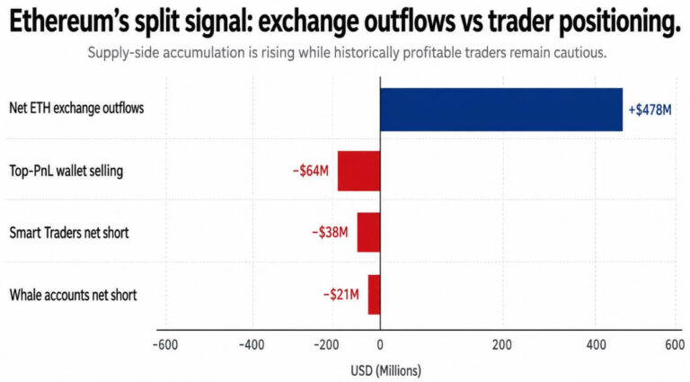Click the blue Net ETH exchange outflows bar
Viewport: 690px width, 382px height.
click(x=501, y=110)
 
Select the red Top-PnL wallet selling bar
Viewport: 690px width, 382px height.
click(x=358, y=171)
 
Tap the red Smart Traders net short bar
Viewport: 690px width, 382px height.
click(x=368, y=233)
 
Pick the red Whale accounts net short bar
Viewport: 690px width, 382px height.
click(x=374, y=295)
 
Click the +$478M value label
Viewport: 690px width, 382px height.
click(x=650, y=110)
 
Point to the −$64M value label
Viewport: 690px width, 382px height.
click(x=311, y=171)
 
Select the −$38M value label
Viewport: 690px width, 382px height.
click(x=330, y=232)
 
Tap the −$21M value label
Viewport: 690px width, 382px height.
click(x=341, y=294)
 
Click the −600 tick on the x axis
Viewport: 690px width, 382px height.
click(x=165, y=345)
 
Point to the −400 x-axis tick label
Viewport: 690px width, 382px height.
click(x=252, y=345)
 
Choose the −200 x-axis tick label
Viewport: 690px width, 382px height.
click(x=326, y=345)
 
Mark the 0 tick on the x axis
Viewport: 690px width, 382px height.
click(x=380, y=345)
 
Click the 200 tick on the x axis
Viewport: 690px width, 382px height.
click(x=502, y=345)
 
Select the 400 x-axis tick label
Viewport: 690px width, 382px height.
click(x=597, y=345)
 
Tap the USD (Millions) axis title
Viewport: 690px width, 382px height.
click(x=386, y=370)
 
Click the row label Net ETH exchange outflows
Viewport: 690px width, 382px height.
click(x=76, y=108)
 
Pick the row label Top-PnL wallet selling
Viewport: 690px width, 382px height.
click(x=66, y=171)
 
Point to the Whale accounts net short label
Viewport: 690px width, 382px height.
click(x=73, y=295)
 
